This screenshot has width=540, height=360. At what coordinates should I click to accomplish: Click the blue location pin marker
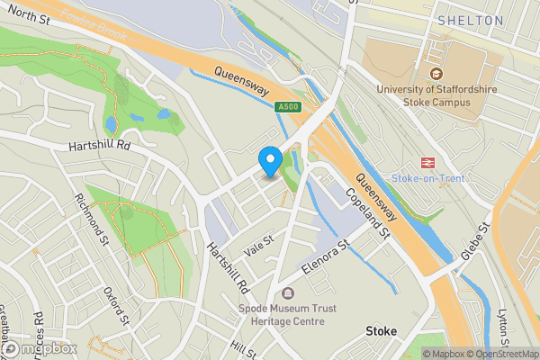coord(269,161)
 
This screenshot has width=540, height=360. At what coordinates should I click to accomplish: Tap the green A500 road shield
coord(287,107)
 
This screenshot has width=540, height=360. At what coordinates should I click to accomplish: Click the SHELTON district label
coord(470,20)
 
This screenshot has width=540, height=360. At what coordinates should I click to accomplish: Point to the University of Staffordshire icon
coord(436,74)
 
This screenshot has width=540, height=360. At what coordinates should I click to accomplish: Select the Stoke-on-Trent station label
coord(428,178)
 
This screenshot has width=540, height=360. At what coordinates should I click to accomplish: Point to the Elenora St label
coord(325,258)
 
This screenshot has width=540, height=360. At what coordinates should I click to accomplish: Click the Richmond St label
coord(93,219)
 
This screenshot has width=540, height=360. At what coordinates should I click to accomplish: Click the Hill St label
coord(243,346)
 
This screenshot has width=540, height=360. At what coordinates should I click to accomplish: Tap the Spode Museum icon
coord(287,294)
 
